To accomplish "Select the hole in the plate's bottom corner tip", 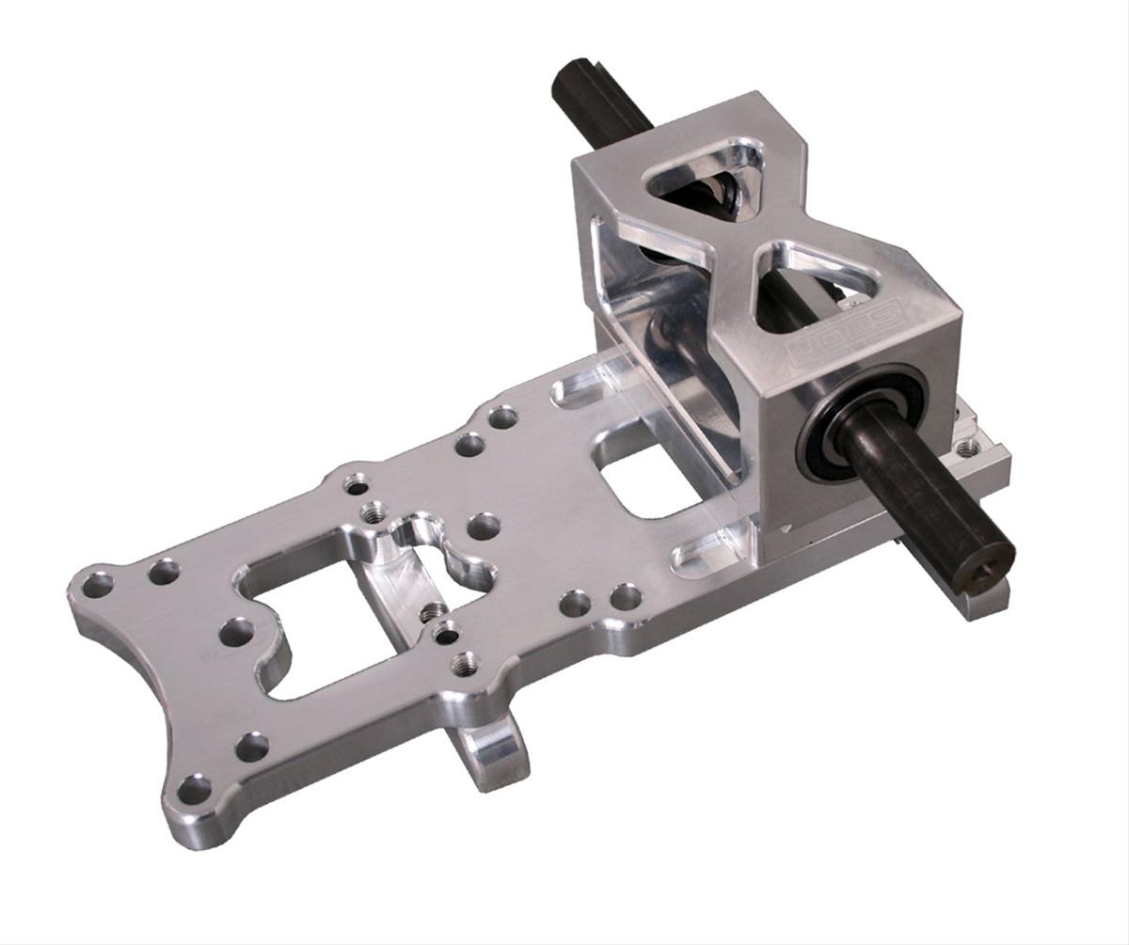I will (x=194, y=790).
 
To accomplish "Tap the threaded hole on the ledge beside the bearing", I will (x=967, y=449).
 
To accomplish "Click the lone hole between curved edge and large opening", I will (x=236, y=632).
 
